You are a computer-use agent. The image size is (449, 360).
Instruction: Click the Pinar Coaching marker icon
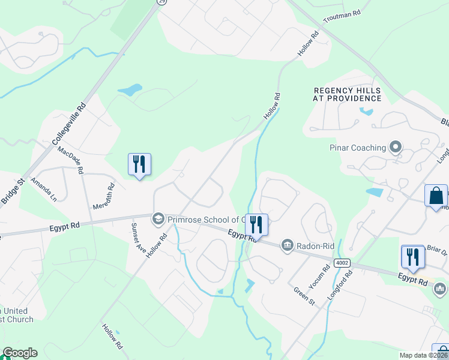coord(395,147)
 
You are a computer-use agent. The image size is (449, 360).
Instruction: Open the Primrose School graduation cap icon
coord(158,218)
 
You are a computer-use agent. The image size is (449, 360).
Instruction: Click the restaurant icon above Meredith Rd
coord(139,164)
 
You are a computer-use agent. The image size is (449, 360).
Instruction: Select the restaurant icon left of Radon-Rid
coord(256,224)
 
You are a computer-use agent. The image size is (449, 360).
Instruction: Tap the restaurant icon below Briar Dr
coord(412,256)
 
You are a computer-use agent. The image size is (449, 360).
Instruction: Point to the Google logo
coord(20,353)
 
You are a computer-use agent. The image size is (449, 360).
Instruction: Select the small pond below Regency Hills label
coord(366,111)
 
